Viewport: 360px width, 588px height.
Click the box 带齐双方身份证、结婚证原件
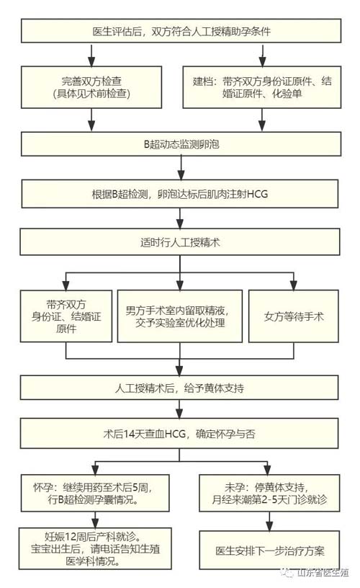(66, 316)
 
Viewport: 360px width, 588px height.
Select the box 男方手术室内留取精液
(181, 316)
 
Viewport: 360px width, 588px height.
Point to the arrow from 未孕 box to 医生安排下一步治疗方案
(271, 520)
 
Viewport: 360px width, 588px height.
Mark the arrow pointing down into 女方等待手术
(293, 280)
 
